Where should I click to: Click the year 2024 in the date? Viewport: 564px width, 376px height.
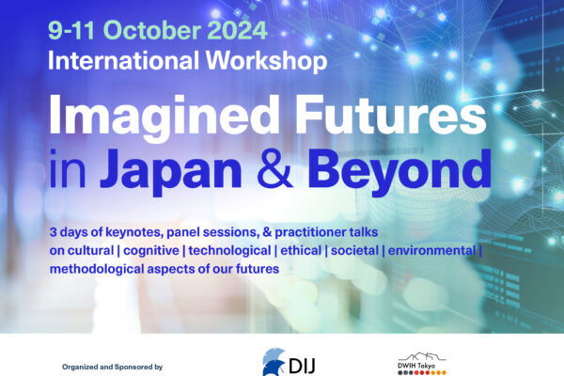click(237, 30)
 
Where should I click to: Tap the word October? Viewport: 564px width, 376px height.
click(151, 30)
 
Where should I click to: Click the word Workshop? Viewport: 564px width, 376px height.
click(266, 61)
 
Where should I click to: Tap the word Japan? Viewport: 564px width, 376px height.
click(171, 171)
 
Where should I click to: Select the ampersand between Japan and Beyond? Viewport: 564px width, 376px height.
click(274, 168)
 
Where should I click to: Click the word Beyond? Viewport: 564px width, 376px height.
click(399, 171)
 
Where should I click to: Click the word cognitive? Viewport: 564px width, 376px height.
click(151, 251)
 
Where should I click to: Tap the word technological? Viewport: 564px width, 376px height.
click(229, 251)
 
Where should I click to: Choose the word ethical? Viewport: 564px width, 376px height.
click(301, 250)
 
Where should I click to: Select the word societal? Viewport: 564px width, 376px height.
click(354, 250)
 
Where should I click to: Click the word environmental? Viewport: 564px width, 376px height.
click(432, 250)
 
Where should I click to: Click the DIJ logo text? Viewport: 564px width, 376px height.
click(302, 366)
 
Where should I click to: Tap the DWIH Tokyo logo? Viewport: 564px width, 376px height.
click(422, 364)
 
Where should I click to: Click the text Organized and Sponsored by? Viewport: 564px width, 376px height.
click(112, 367)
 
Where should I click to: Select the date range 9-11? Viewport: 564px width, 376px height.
click(71, 30)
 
